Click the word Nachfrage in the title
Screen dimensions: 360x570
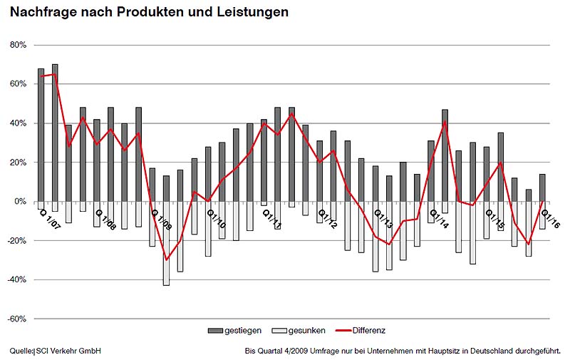point(41,12)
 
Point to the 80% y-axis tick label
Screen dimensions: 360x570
point(16,45)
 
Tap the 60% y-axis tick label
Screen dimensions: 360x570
point(16,84)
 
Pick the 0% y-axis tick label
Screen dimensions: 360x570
point(19,202)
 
